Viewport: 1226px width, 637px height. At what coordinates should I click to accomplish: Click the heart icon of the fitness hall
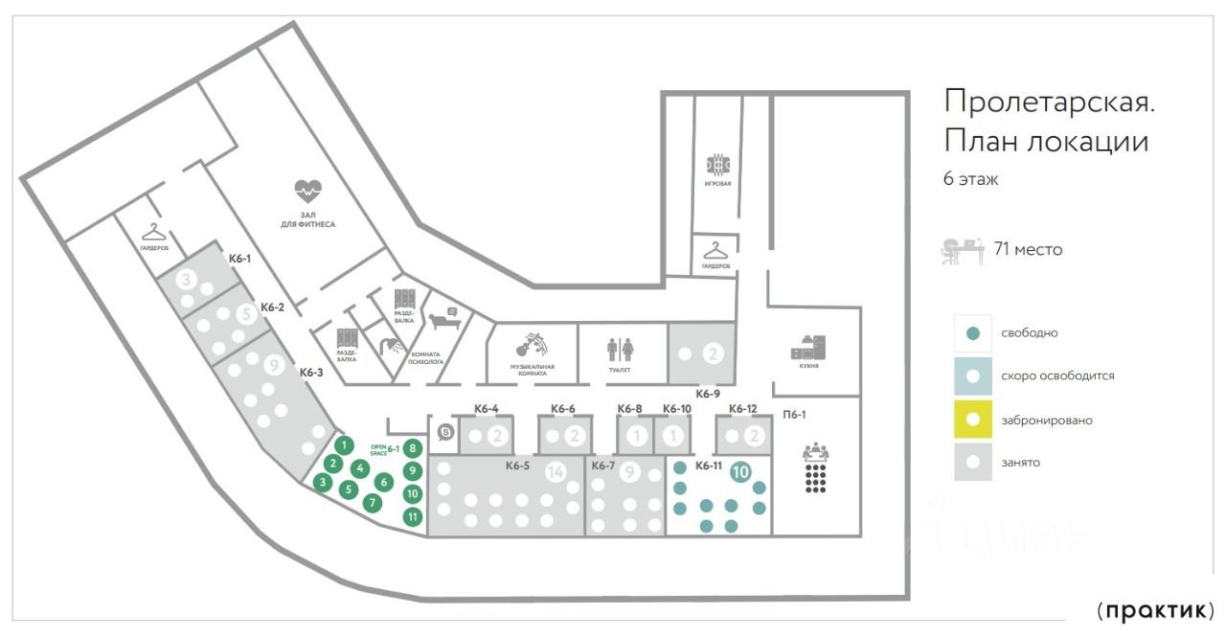click(x=308, y=188)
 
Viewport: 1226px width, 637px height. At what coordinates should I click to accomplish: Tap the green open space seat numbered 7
click(x=374, y=502)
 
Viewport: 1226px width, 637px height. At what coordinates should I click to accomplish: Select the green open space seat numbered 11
click(x=413, y=516)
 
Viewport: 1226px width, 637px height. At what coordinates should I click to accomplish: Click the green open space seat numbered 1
click(x=344, y=445)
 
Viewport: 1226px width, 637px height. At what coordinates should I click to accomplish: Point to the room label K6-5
click(x=518, y=466)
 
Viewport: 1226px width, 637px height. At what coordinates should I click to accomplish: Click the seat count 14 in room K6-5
click(x=556, y=472)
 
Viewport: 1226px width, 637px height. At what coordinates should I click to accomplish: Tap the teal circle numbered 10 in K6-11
click(x=740, y=471)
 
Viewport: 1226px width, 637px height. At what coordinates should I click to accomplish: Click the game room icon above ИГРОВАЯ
click(x=719, y=162)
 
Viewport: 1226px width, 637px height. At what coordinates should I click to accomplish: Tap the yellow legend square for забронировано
click(x=973, y=420)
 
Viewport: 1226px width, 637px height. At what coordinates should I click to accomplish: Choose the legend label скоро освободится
click(x=1057, y=376)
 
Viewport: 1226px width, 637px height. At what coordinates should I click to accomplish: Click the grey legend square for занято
click(x=973, y=462)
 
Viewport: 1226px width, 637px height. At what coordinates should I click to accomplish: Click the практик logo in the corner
click(x=1156, y=610)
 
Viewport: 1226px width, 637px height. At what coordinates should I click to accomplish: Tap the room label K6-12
click(x=743, y=409)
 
